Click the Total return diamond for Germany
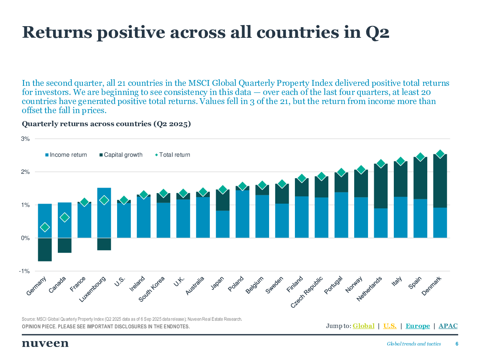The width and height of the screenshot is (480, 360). (x=45, y=227)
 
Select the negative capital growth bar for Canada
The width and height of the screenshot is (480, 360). (x=65, y=245)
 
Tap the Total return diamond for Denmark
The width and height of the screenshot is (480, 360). (x=440, y=154)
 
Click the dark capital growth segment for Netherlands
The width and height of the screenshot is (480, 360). (x=381, y=186)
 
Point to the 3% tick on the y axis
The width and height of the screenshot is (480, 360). (x=25, y=139)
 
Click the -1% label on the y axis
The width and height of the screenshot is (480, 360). (x=25, y=271)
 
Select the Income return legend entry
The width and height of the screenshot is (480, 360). (x=66, y=155)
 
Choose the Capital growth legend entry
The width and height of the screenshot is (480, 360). (x=121, y=155)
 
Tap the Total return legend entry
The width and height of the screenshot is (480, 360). (x=173, y=155)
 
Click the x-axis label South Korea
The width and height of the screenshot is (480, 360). (x=152, y=289)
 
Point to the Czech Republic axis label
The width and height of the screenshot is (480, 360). (x=307, y=292)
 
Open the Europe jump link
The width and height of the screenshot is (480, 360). (x=417, y=326)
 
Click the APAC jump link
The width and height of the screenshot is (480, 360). (x=448, y=326)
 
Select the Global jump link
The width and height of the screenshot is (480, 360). (x=363, y=326)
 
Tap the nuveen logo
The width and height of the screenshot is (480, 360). (x=45, y=343)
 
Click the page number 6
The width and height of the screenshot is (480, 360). (x=457, y=344)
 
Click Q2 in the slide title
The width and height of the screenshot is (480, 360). (x=377, y=32)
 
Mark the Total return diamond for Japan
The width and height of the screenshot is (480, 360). (x=223, y=189)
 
